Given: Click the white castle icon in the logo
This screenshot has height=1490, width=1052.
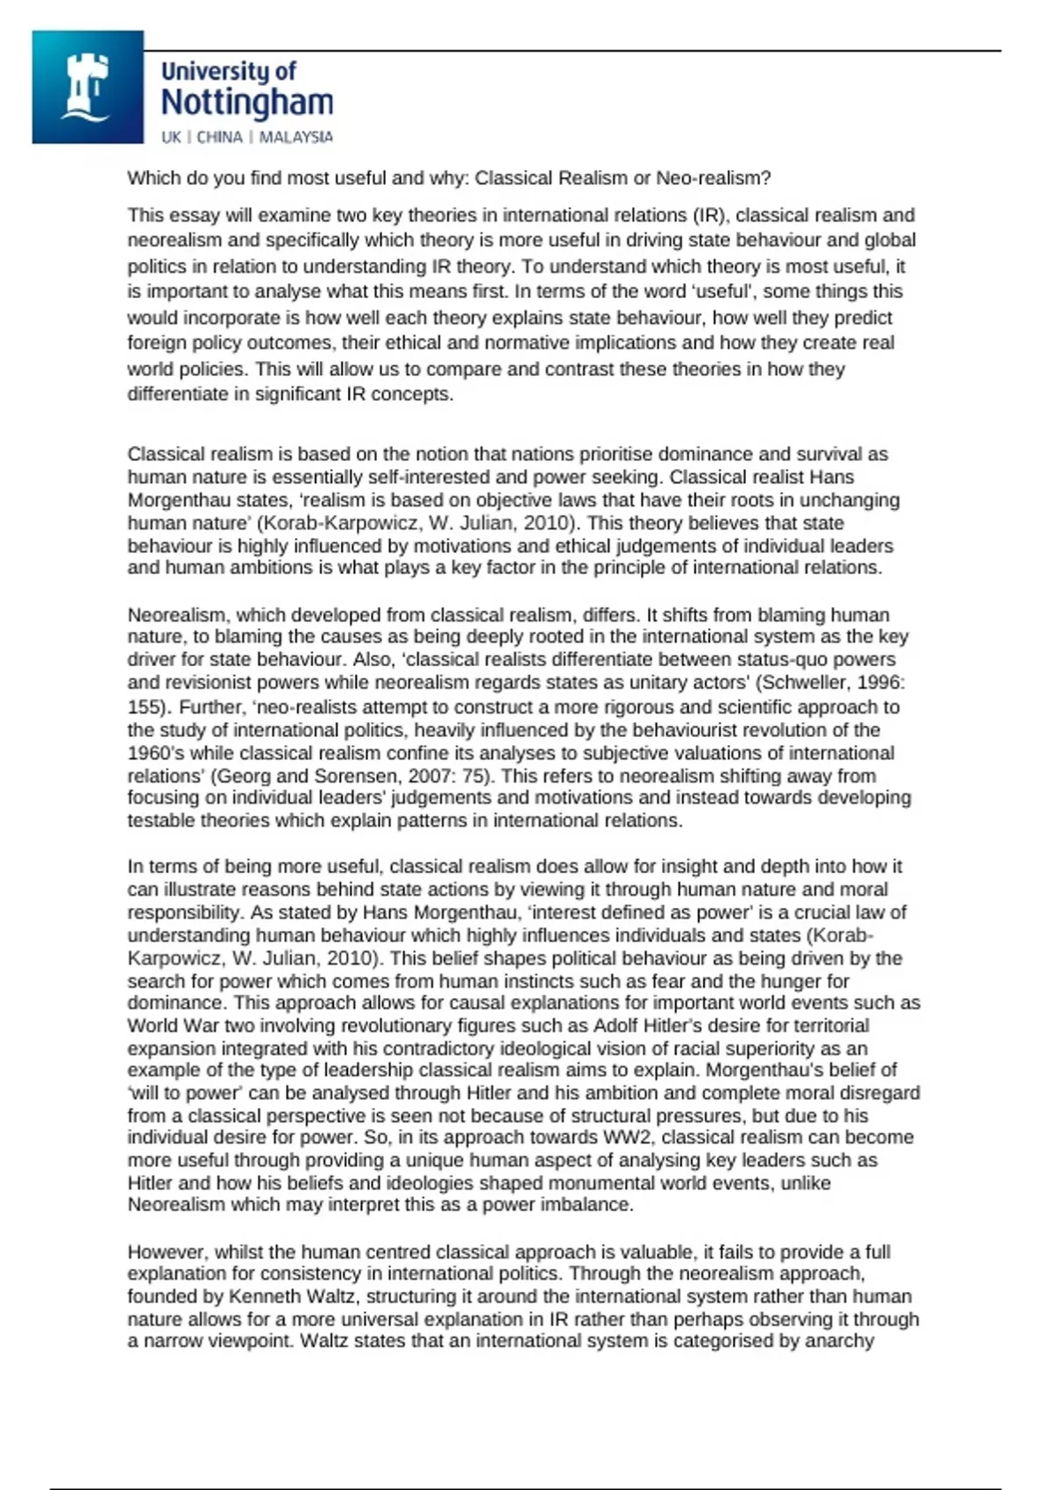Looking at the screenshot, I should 86,87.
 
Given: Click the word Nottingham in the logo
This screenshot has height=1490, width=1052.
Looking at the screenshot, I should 247,103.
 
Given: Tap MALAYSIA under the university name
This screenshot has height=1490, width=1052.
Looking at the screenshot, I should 295,137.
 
